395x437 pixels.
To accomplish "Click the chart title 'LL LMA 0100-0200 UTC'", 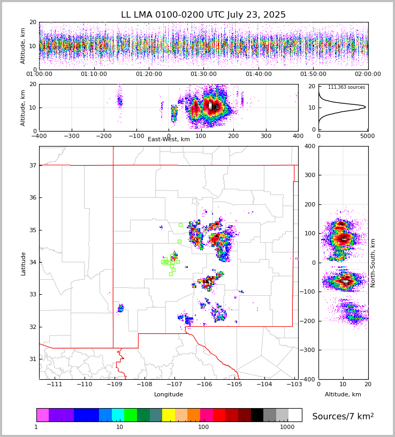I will (x=203, y=15).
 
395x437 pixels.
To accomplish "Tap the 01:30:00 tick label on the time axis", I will (x=203, y=74).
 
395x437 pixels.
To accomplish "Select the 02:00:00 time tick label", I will (x=368, y=74).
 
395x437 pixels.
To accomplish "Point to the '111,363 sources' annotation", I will (x=346, y=87).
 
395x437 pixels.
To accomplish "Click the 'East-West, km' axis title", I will (x=169, y=140).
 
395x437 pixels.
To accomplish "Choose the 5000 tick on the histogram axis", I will (x=367, y=136).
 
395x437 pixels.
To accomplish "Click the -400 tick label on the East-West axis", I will (x=39, y=136).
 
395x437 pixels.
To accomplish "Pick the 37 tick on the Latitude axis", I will (x=32, y=165).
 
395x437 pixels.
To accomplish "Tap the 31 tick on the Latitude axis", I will (x=32, y=359).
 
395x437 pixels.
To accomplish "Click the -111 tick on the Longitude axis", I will (x=55, y=385).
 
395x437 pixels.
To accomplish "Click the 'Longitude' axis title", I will (x=169, y=395).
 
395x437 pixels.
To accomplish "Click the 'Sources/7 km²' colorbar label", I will (x=343, y=416).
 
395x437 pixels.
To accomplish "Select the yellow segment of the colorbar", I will (x=169, y=415).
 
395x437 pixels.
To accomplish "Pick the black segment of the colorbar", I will (x=257, y=415).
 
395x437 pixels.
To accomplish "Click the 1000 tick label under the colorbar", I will (x=287, y=427).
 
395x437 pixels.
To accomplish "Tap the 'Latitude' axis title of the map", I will (x=23, y=263).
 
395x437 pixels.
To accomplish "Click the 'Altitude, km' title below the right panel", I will (x=343, y=395).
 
